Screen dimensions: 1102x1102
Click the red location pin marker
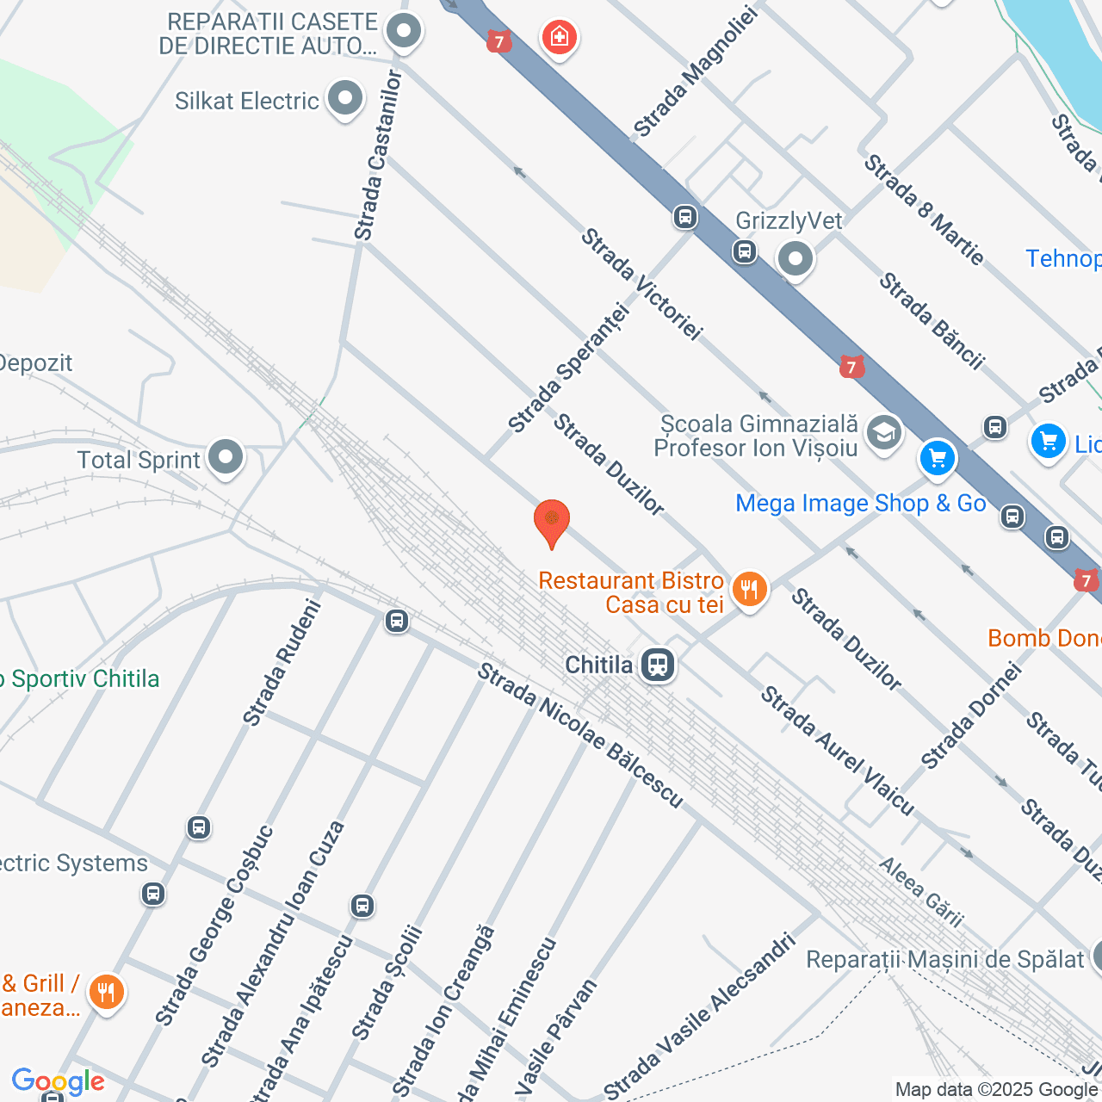[x=552, y=522]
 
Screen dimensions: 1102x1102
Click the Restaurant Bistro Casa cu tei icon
[x=749, y=591]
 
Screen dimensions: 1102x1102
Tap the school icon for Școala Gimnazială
[x=883, y=433]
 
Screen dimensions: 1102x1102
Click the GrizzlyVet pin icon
[x=795, y=258]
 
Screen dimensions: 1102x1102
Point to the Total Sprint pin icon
[x=226, y=457]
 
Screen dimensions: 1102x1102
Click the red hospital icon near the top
[x=560, y=37]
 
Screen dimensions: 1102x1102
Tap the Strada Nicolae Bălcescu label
[x=580, y=736]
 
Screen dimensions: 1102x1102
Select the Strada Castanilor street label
[x=378, y=156]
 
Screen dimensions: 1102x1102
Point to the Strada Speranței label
[x=569, y=368]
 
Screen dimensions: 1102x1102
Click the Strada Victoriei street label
[x=642, y=284]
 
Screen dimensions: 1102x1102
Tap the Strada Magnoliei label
[x=695, y=72]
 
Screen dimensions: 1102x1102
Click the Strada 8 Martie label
[x=924, y=210]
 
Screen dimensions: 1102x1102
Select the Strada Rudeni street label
[x=282, y=663]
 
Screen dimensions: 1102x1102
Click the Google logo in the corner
[x=58, y=1081]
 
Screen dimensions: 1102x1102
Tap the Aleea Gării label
[x=920, y=892]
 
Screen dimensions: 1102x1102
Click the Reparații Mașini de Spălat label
[x=944, y=959]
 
